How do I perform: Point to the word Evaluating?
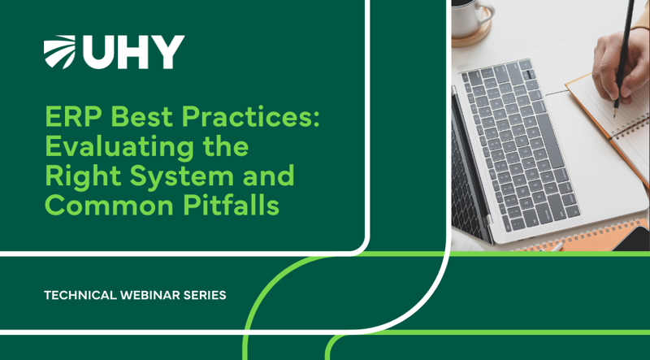[x=119, y=148]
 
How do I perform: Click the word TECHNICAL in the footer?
[x=80, y=295]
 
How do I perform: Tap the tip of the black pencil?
[x=615, y=105]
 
